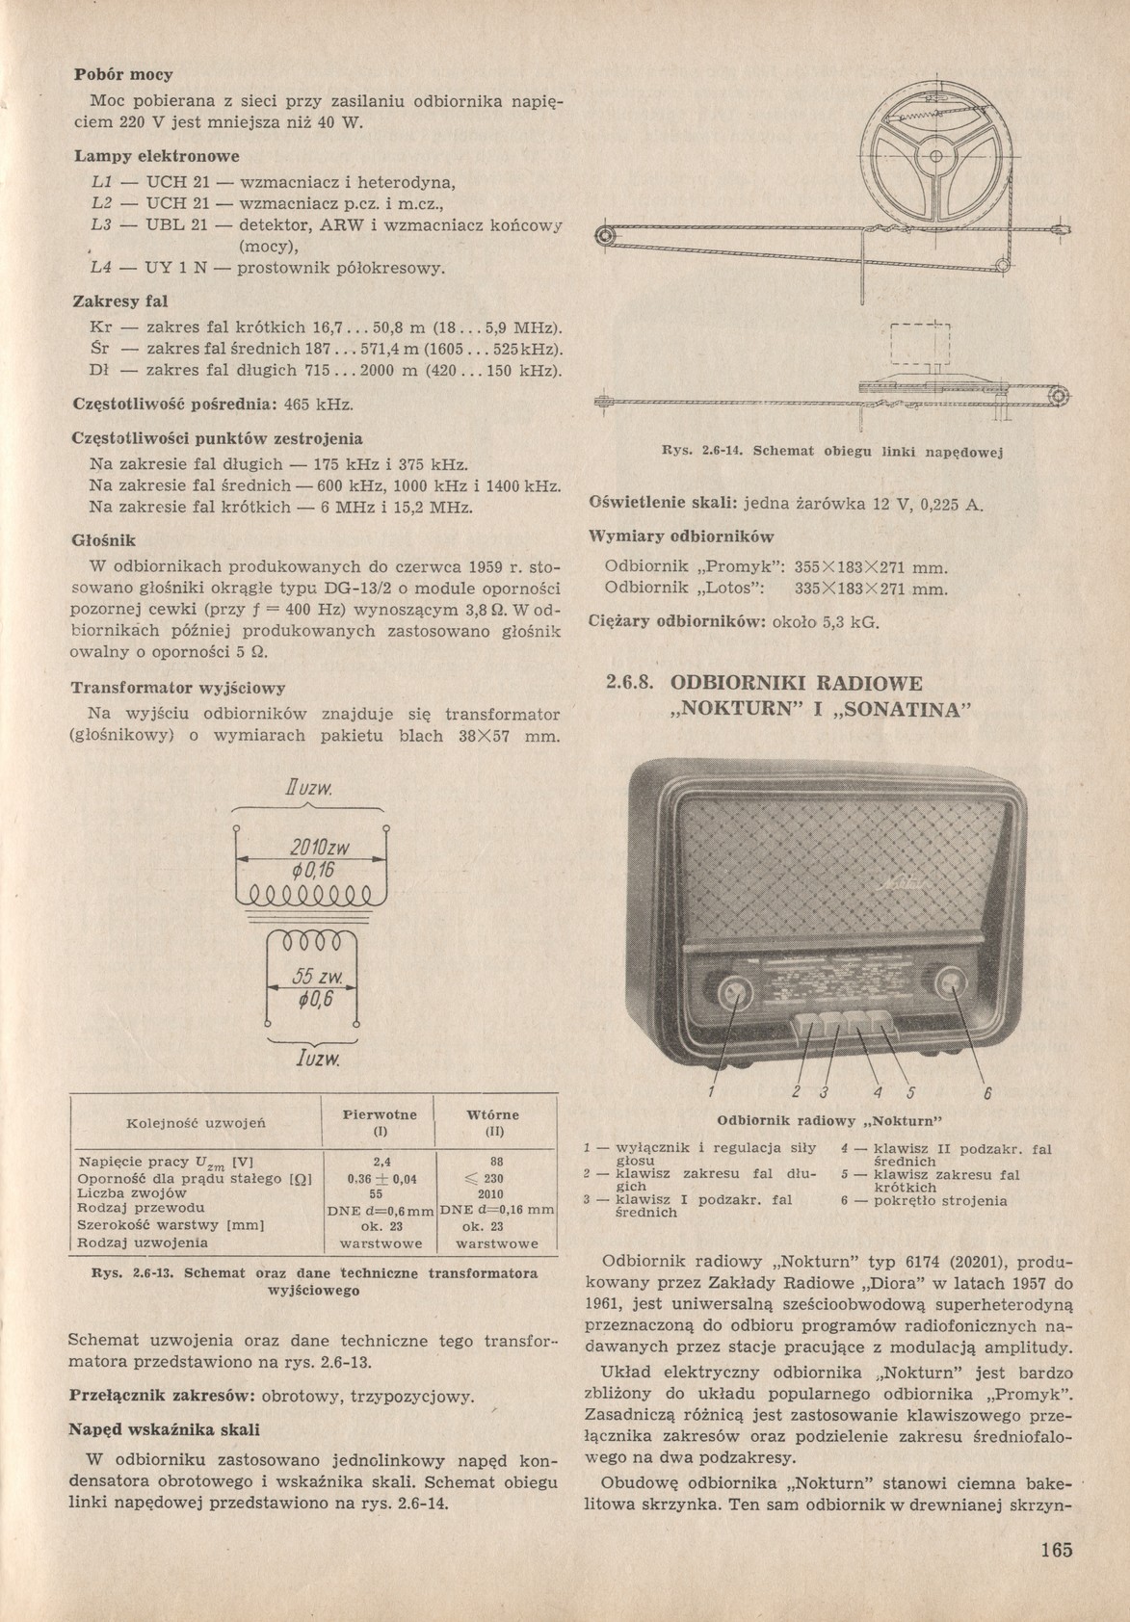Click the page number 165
(1056, 1550)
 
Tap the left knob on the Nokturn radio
(736, 990)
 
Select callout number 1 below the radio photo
(711, 1091)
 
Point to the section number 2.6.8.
(631, 684)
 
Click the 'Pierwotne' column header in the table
(380, 1114)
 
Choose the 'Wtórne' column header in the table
(492, 1114)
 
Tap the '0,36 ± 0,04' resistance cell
(380, 1177)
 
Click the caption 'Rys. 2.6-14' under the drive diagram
(699, 450)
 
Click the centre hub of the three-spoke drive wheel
(933, 158)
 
